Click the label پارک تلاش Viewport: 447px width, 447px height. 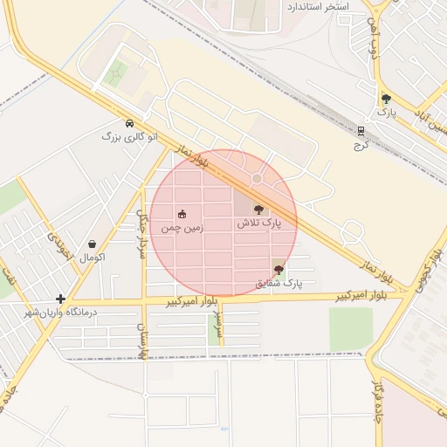pos(259,223)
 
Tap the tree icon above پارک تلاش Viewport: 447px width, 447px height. pos(258,210)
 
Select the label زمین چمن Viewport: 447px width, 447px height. pos(182,228)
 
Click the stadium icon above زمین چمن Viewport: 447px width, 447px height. pos(182,215)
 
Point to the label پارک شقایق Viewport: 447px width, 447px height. pos(279,284)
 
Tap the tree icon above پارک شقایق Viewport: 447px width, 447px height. pos(279,270)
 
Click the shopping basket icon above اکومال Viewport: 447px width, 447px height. pos(92,244)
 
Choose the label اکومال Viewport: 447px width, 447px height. pos(92,258)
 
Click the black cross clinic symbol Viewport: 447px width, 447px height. pos(60,299)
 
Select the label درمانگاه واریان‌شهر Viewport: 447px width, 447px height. pos(60,313)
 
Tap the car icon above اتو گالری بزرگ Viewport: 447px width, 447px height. pos(130,123)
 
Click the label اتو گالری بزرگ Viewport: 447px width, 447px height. pos(129,137)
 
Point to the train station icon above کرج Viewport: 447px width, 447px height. pos(360,131)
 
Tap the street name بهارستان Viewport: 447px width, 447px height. pos(140,341)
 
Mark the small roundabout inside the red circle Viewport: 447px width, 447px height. pos(257,179)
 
